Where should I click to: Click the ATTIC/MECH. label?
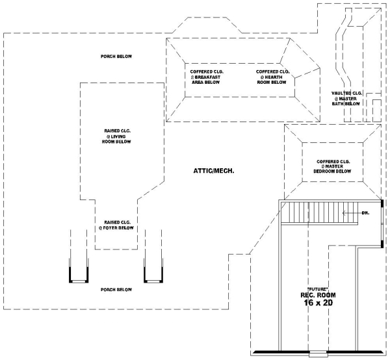213,171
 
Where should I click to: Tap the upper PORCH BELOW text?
116,57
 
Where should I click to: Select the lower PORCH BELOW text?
116,289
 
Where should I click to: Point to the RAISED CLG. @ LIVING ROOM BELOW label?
118,136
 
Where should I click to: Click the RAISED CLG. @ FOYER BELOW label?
116,225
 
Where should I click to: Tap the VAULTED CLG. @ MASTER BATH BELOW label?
346,98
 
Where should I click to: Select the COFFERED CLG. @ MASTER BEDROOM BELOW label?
333,166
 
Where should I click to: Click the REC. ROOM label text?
317,296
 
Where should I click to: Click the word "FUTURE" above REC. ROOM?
317,288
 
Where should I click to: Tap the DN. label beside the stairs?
366,212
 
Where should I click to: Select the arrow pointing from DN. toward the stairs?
351,212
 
